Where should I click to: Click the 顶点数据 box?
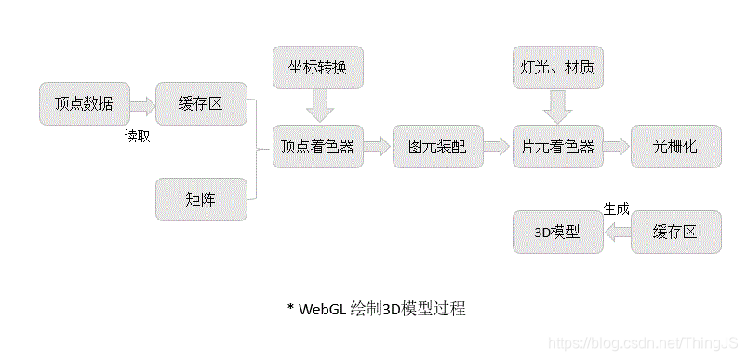pyautogui.click(x=85, y=103)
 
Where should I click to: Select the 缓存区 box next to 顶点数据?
pyautogui.click(x=201, y=103)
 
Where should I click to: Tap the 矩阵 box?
pyautogui.click(x=201, y=199)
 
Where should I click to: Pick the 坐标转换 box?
pyautogui.click(x=318, y=68)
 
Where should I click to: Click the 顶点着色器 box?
pyautogui.click(x=318, y=146)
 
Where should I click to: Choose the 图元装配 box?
pyautogui.click(x=437, y=146)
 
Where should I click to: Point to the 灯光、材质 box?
pyautogui.click(x=558, y=68)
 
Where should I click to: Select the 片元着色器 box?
pyautogui.click(x=558, y=146)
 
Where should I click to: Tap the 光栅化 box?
pyautogui.click(x=676, y=146)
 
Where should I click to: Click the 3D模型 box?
pyautogui.click(x=558, y=232)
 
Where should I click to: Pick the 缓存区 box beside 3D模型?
pyautogui.click(x=676, y=232)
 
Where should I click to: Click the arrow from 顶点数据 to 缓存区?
pyautogui.click(x=142, y=106)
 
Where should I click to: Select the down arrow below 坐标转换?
pyautogui.click(x=319, y=107)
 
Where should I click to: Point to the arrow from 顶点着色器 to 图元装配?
pyautogui.click(x=378, y=146)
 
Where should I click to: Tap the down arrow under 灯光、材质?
pyautogui.click(x=558, y=107)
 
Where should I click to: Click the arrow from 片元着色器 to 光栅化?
pyautogui.click(x=617, y=146)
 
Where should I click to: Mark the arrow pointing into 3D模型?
pyautogui.click(x=617, y=233)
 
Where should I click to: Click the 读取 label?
pyautogui.click(x=138, y=136)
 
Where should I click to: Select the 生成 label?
pyautogui.click(x=616, y=209)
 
